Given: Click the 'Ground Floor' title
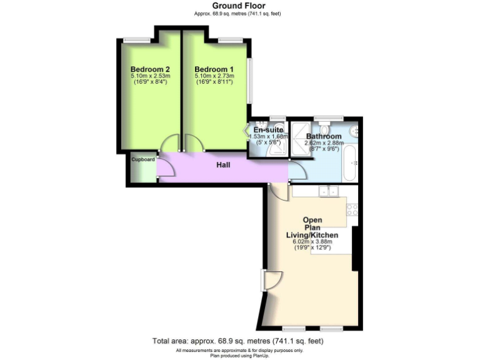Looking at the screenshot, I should (240, 6).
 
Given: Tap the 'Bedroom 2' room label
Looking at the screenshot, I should (151, 69).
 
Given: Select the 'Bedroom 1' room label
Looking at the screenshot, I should (214, 69).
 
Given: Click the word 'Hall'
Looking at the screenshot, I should (223, 166).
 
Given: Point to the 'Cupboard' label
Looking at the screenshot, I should (143, 159).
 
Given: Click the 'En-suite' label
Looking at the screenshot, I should (268, 130).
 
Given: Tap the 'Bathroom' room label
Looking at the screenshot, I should (324, 136).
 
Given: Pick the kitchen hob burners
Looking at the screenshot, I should (352, 209).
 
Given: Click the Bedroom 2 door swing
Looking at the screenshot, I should (169, 144).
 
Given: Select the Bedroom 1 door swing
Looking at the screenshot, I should (194, 144).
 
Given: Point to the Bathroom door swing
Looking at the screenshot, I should (296, 169).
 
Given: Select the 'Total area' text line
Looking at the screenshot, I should (238, 341).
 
